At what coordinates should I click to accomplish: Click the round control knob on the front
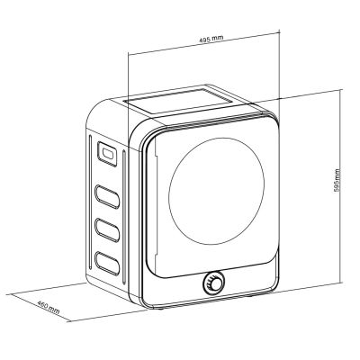[214, 283]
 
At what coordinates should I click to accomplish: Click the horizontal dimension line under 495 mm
[203, 52]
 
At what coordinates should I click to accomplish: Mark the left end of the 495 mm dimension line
[127, 52]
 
